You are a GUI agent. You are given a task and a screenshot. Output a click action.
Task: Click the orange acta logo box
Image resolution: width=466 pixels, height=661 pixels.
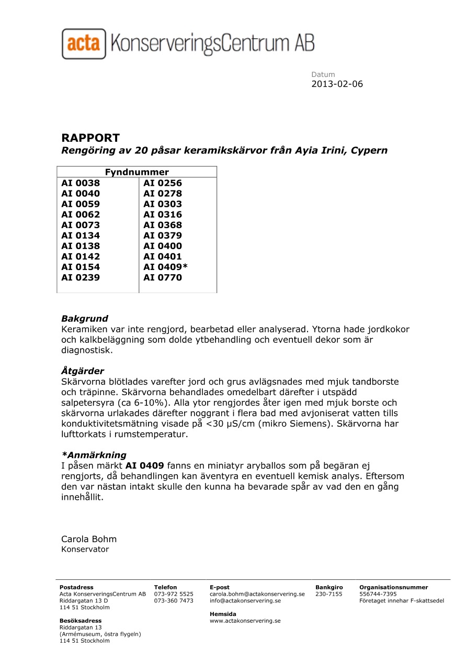click(84, 43)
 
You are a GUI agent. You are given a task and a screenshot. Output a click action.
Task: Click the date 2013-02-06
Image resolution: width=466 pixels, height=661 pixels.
click(337, 84)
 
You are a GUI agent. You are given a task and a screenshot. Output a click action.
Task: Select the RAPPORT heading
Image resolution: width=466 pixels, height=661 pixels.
click(90, 138)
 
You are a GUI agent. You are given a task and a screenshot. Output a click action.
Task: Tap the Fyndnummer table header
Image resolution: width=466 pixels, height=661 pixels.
click(137, 172)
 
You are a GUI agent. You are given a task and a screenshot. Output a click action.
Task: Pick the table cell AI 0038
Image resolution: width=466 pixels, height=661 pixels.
click(81, 183)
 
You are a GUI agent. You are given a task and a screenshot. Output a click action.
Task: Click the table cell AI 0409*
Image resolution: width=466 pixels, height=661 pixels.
click(165, 267)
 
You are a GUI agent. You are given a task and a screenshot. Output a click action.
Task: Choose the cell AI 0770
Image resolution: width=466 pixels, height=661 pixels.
click(163, 277)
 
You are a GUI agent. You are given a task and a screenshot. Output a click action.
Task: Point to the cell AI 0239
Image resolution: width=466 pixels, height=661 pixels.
click(81, 277)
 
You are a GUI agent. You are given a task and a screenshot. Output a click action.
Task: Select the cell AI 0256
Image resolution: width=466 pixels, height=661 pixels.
click(163, 183)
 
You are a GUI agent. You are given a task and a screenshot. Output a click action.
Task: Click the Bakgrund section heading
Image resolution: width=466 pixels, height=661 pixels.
click(85, 319)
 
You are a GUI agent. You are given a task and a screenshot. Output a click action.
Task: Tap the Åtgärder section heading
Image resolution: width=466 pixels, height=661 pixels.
click(83, 371)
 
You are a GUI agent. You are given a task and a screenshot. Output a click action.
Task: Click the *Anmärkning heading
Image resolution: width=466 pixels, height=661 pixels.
click(94, 455)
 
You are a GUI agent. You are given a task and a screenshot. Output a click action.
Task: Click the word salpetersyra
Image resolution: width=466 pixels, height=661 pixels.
click(87, 402)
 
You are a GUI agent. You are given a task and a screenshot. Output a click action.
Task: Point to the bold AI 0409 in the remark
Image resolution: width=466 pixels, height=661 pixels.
click(145, 465)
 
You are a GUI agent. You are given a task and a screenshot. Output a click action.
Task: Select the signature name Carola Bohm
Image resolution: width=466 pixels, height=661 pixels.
click(89, 539)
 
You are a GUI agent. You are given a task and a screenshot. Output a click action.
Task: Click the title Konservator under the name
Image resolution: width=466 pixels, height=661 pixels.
click(85, 550)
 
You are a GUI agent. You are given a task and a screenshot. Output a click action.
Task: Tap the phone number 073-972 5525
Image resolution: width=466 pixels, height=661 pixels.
click(174, 594)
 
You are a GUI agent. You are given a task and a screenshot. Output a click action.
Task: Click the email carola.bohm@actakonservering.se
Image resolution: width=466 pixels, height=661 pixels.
click(257, 594)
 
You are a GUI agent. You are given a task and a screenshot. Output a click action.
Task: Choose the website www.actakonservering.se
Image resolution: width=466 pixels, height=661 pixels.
click(245, 621)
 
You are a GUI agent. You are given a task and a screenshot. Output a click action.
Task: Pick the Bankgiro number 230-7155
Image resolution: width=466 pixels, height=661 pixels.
click(329, 594)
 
